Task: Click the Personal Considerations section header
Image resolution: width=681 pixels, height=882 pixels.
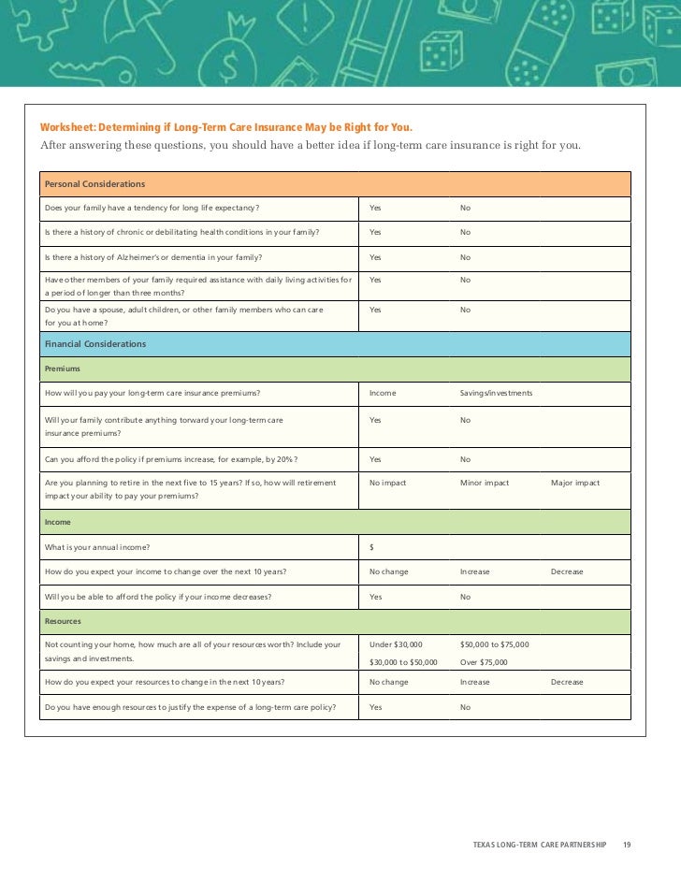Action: click(x=94, y=183)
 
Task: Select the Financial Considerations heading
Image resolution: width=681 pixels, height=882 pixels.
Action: click(x=95, y=344)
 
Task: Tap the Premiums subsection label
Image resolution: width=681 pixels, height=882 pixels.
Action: click(x=63, y=369)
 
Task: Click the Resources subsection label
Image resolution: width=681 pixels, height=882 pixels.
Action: click(x=64, y=621)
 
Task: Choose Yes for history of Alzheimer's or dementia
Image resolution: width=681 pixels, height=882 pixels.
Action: click(x=375, y=257)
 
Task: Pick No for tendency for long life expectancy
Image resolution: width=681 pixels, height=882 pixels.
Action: click(x=465, y=207)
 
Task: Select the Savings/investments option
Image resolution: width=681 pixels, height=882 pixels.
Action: click(x=496, y=393)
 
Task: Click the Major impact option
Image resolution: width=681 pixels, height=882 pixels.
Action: click(x=575, y=483)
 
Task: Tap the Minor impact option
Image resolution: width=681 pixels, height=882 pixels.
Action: click(x=485, y=483)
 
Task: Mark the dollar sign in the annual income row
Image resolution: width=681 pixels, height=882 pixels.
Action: click(x=372, y=546)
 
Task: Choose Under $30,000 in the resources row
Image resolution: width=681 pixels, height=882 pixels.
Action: click(x=396, y=644)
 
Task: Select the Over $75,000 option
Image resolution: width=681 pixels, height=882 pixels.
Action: click(x=484, y=662)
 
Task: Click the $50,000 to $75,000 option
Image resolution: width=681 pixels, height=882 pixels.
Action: click(x=494, y=644)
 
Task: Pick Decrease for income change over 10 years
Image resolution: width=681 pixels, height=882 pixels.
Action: click(x=567, y=571)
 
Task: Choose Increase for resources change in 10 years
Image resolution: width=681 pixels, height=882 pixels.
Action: click(x=474, y=682)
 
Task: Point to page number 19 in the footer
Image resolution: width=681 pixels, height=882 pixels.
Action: click(x=627, y=846)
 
